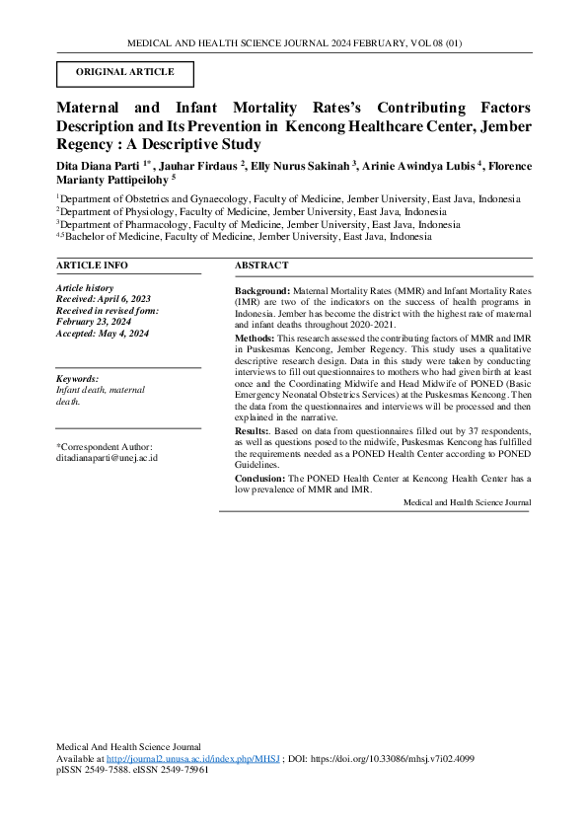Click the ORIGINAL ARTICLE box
(x=124, y=73)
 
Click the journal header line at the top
(x=293, y=43)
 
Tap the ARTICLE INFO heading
(x=92, y=265)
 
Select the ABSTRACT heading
(x=261, y=265)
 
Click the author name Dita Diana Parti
(x=99, y=163)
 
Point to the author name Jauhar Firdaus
(x=199, y=163)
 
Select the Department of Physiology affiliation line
(x=251, y=211)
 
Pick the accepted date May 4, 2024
(x=124, y=334)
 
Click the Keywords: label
(x=77, y=379)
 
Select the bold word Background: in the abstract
(x=262, y=292)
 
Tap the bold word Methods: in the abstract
(x=257, y=339)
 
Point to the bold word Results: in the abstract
(x=253, y=431)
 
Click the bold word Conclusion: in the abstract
(x=260, y=478)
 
